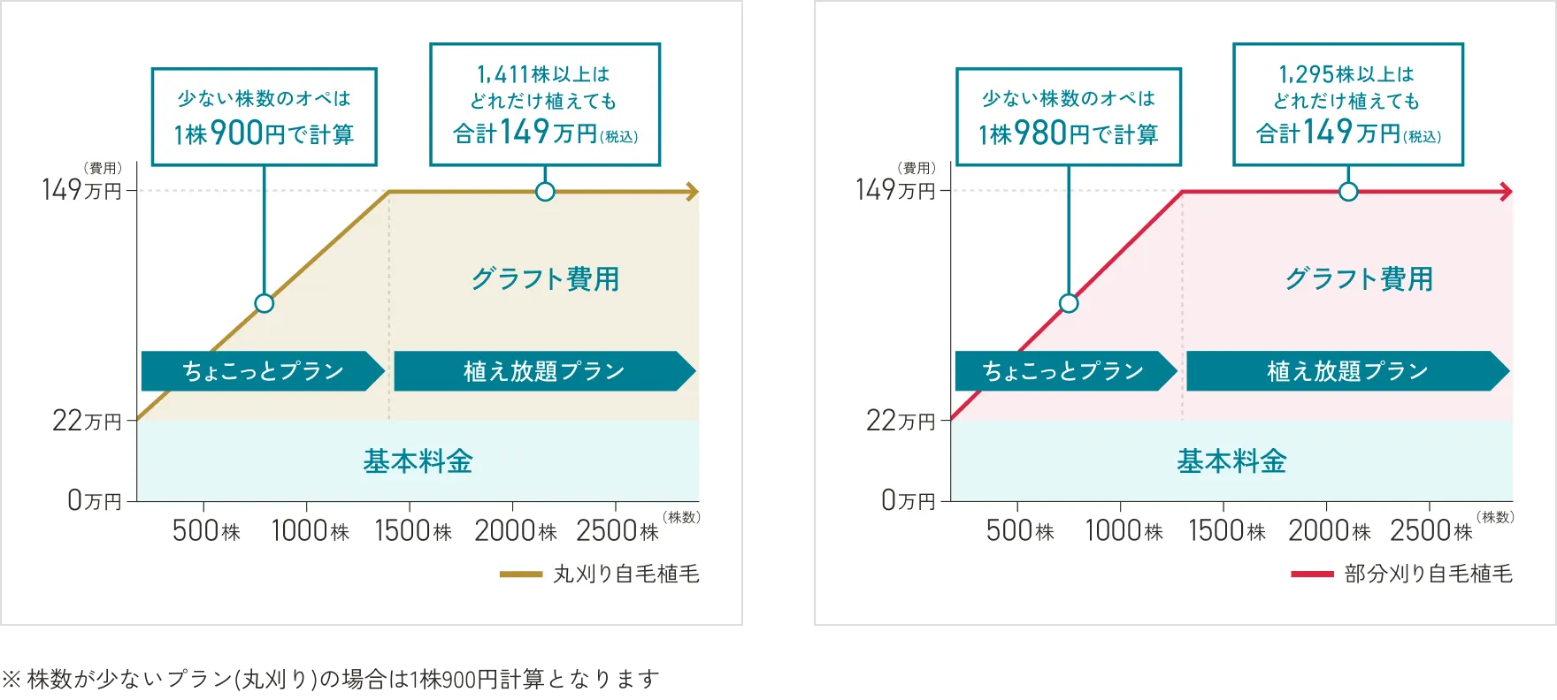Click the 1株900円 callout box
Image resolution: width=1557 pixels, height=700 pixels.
pos(264,117)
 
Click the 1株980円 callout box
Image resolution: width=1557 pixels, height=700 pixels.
pos(1068,117)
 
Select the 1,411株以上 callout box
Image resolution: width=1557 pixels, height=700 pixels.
pos(545,104)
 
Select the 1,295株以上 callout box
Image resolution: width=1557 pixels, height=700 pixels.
pos(1347,104)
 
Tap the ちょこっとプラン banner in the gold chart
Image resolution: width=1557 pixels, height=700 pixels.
pos(263,371)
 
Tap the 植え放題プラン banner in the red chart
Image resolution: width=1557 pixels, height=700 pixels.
pos(1346,371)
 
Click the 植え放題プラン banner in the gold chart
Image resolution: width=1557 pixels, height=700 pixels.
pos(544,371)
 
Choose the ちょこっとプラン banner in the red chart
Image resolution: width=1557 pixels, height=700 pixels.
pos(1064,371)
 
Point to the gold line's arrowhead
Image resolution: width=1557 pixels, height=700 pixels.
pos(692,192)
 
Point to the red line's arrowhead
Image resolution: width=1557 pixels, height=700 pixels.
pos(1506,192)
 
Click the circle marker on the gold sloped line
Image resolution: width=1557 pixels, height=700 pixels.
pos(264,303)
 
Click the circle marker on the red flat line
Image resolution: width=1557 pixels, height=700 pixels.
pos(1347,192)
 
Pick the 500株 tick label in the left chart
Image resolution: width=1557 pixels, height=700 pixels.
pos(206,531)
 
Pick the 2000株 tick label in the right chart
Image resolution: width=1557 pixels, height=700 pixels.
pos(1329,531)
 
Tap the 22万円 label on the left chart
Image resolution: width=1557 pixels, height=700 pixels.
pos(87,421)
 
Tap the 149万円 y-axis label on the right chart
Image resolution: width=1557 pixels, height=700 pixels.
pos(895,190)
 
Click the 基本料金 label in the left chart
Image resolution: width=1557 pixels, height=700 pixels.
pos(418,461)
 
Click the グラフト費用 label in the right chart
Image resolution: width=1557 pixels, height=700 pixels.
pos(1359,279)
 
